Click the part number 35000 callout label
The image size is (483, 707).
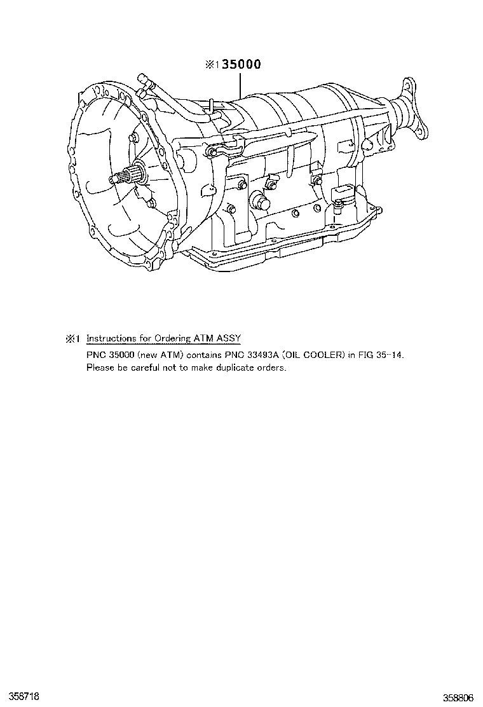pyautogui.click(x=241, y=64)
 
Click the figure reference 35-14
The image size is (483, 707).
pyautogui.click(x=389, y=354)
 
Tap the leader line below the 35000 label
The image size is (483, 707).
pyautogui.click(x=241, y=83)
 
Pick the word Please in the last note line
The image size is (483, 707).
pyautogui.click(x=99, y=367)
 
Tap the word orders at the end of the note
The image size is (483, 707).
pyautogui.click(x=273, y=367)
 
